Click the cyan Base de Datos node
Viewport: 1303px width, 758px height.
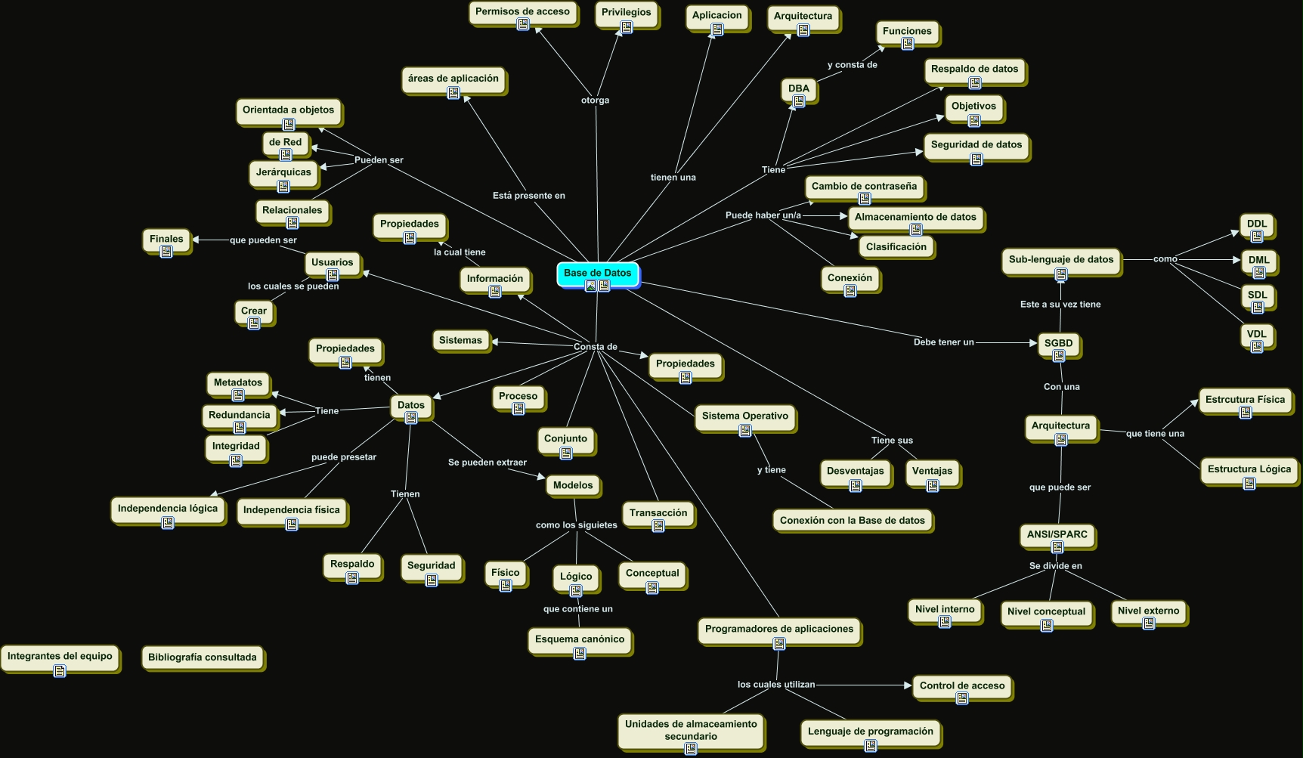click(597, 274)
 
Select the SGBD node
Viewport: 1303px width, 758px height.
click(1058, 344)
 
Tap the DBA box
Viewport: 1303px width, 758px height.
click(798, 89)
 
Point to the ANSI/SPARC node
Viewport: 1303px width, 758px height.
click(1057, 535)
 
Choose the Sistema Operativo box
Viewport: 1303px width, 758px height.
click(744, 416)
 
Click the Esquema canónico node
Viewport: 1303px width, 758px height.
click(580, 640)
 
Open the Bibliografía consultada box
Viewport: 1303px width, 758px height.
click(203, 657)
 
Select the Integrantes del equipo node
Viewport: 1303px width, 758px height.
click(60, 657)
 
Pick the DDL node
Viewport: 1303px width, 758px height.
click(1257, 224)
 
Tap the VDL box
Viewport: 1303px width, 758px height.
click(1257, 335)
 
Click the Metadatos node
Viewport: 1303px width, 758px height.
click(238, 383)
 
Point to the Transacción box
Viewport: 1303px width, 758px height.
click(658, 513)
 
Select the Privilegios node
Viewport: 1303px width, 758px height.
click(626, 13)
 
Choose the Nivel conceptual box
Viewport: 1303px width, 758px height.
click(1046, 612)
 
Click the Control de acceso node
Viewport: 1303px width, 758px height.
click(962, 686)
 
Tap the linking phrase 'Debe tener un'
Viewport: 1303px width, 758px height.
click(943, 342)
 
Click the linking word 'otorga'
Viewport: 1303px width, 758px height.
click(595, 101)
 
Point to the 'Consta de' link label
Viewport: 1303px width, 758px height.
click(595, 347)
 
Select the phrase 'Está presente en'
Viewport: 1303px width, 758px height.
click(528, 196)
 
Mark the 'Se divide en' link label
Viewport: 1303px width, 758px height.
click(1055, 566)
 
